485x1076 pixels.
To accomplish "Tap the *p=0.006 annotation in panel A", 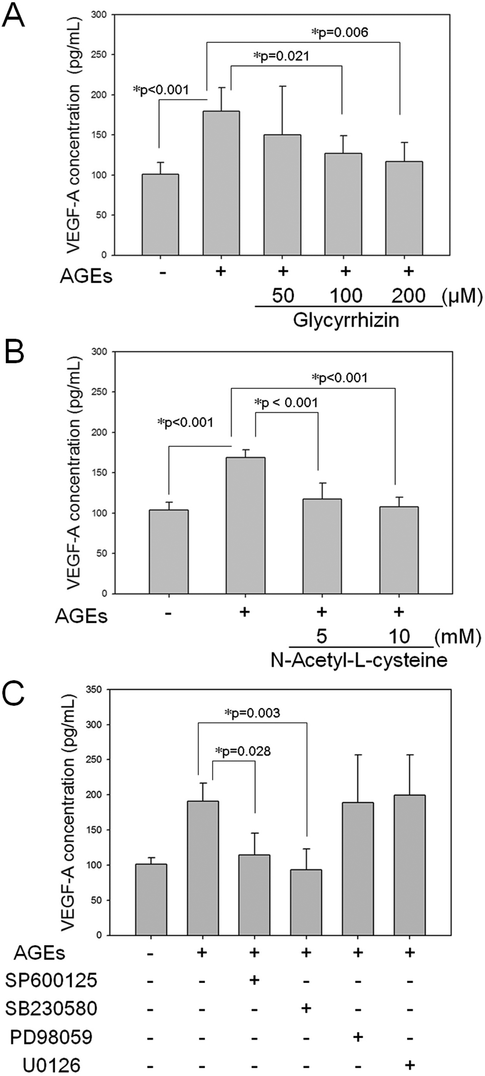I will [x=340, y=33].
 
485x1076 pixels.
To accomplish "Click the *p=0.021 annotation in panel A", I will [x=282, y=56].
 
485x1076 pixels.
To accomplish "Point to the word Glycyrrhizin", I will [x=346, y=321].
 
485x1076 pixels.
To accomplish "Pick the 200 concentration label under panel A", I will [x=408, y=296].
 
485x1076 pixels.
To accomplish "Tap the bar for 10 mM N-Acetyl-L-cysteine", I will [x=399, y=550].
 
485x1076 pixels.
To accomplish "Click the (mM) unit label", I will [x=457, y=637].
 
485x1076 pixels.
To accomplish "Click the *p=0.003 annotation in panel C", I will [x=252, y=712].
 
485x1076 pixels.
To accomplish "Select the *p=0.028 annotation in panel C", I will [x=243, y=752].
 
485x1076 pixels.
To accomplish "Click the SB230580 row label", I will [x=51, y=1008].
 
